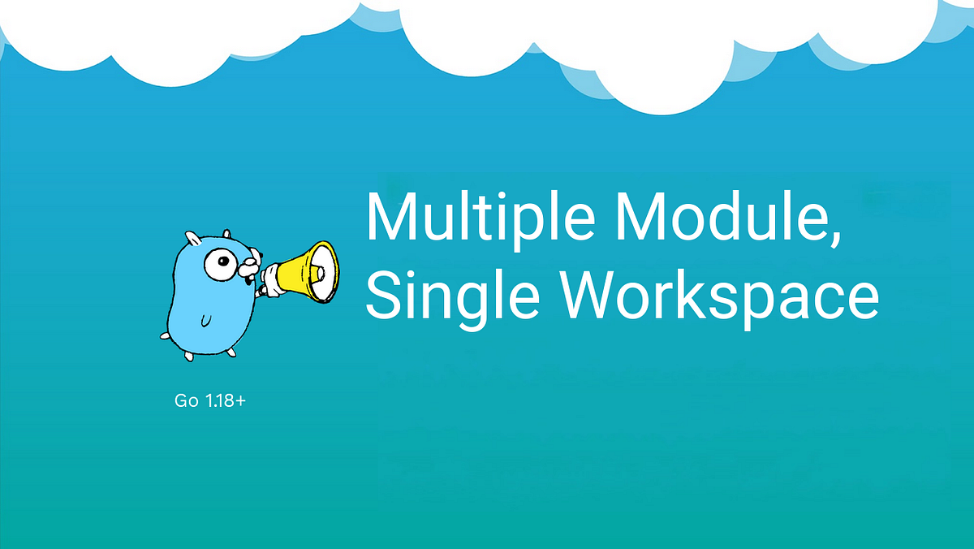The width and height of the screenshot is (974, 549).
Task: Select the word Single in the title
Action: click(x=443, y=295)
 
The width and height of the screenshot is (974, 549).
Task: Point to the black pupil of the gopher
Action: click(x=224, y=262)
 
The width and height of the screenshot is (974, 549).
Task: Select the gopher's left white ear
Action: click(x=192, y=238)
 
